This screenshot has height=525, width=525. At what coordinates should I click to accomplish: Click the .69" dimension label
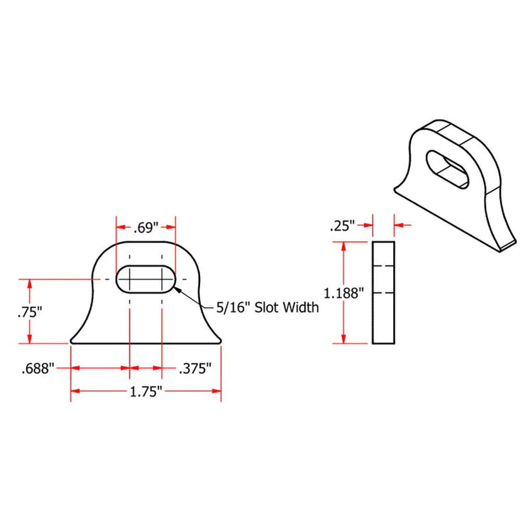click(145, 228)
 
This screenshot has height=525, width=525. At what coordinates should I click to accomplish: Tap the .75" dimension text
click(30, 311)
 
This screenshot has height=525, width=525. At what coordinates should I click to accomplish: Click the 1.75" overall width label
click(145, 391)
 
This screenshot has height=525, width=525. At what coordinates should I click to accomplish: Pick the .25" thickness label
click(342, 227)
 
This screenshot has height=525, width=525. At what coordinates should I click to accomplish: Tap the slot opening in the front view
click(145, 279)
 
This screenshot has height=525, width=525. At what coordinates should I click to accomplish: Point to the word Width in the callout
click(299, 308)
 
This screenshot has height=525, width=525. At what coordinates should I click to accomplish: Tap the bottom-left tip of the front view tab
click(71, 343)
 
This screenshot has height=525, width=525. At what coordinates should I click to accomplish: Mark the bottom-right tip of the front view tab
click(221, 343)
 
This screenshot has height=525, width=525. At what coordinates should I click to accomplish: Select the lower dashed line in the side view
click(383, 292)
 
